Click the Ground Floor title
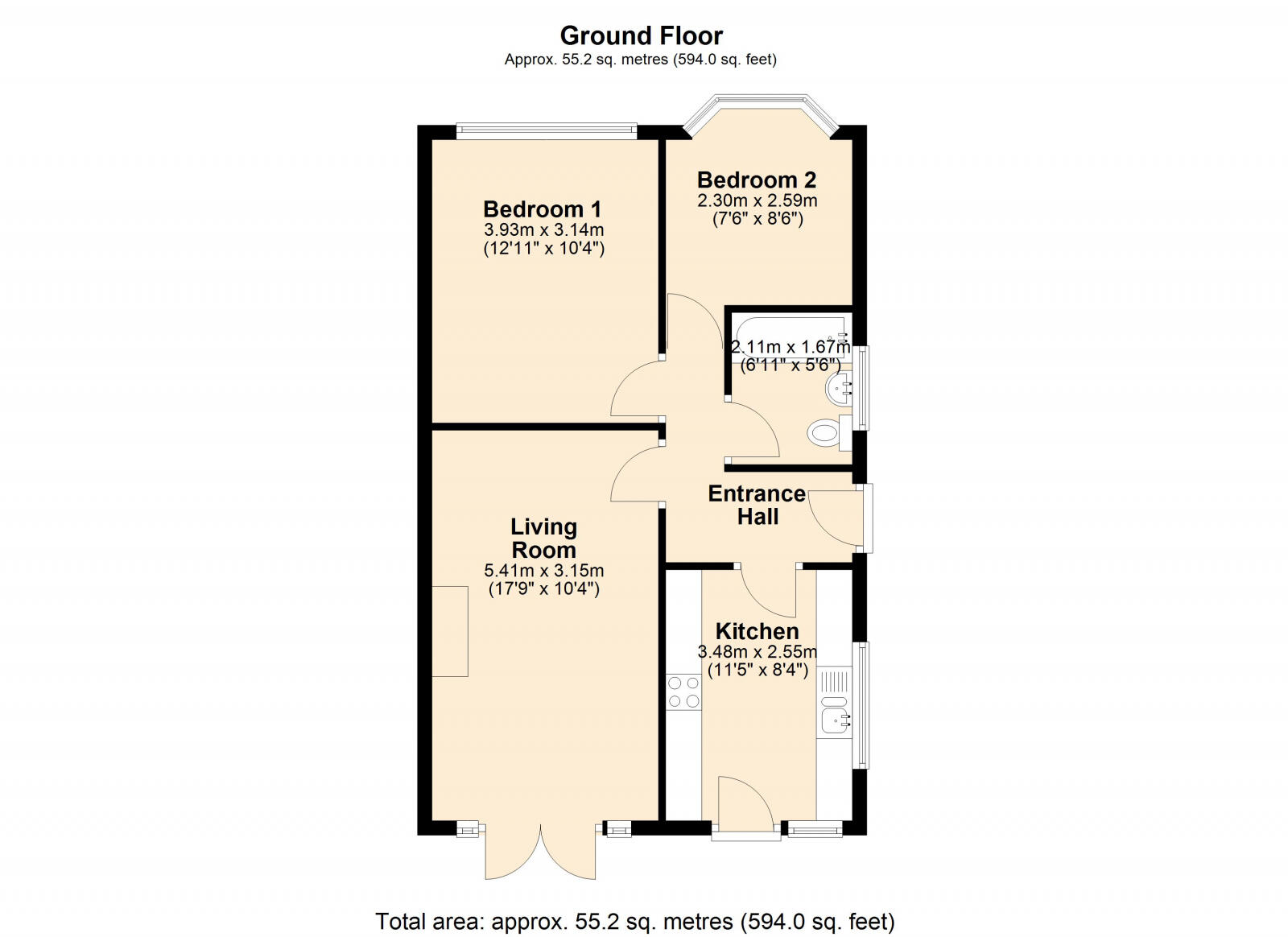coord(641,36)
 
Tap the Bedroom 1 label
coord(542,209)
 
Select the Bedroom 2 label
coord(756,180)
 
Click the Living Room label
coord(543,539)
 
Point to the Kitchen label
coord(757,631)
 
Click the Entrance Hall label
coord(757,505)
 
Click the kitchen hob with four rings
coord(683,692)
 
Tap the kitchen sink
coord(834,718)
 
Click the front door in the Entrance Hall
coord(837,518)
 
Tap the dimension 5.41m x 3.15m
coord(543,571)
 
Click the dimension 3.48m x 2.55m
coord(757,652)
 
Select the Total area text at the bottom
coord(635,921)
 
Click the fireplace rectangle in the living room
coord(450,631)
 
